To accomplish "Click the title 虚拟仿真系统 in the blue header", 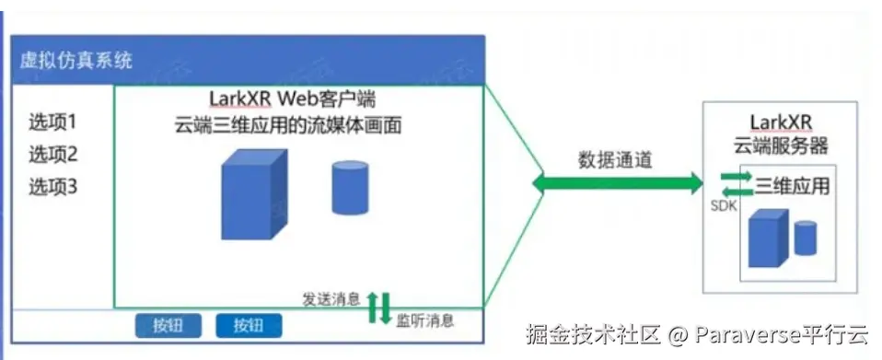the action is [76, 61].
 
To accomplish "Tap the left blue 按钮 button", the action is [168, 324].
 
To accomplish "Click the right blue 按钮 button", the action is [249, 324].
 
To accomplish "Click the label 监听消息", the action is [425, 321].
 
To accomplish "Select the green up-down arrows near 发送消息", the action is [379, 308].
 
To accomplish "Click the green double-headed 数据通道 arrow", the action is [616, 184].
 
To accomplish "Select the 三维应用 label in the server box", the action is [792, 186].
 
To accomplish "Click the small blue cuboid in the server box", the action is [768, 238].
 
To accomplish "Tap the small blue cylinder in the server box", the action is [806, 238].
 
